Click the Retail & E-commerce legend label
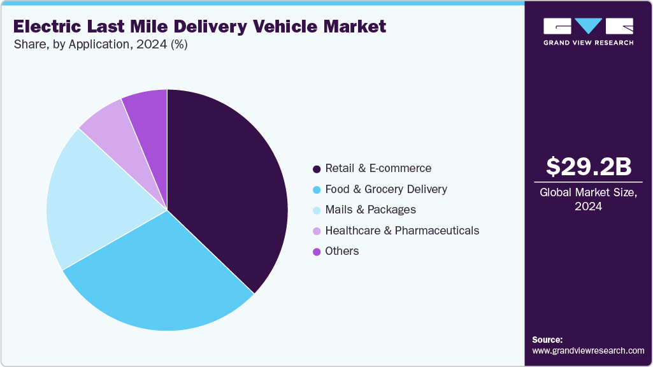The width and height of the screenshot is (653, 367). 378,168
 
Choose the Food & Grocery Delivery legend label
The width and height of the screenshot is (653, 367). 386,189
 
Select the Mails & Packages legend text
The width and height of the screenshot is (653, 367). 370,210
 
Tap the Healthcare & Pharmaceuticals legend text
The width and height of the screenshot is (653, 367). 402,230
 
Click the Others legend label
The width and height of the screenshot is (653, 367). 342,251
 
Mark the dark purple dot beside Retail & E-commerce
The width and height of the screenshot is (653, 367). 316,169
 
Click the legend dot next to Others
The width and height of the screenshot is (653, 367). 316,252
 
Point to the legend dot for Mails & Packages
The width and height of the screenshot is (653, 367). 316,210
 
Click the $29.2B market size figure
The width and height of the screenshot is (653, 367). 589,167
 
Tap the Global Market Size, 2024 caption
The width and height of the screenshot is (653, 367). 589,199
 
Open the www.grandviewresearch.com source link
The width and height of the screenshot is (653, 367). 588,350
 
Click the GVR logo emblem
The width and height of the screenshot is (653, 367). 588,26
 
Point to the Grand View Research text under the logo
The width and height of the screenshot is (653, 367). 588,43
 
